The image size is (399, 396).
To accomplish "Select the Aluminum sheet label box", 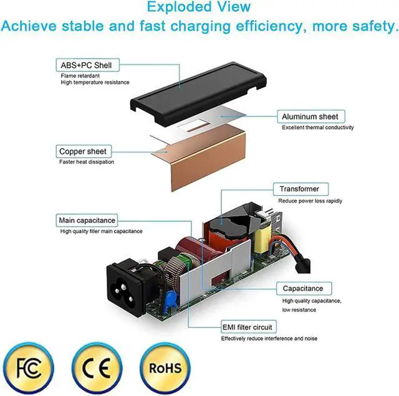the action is pyautogui.click(x=310, y=116).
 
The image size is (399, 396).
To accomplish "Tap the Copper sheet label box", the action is pyautogui.click(x=82, y=151).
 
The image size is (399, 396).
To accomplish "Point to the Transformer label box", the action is pyautogui.click(x=299, y=189).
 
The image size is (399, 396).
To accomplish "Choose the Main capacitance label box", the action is pyautogui.click(x=87, y=220).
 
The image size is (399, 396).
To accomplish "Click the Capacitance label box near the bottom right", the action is pyautogui.click(x=303, y=288).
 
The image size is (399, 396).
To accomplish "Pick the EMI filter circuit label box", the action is pyautogui.click(x=247, y=327).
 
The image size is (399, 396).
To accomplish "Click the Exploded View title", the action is pyautogui.click(x=199, y=8).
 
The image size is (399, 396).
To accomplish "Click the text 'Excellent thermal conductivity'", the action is pyautogui.click(x=317, y=128).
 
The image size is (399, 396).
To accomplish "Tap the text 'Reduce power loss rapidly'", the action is pyautogui.click(x=310, y=201).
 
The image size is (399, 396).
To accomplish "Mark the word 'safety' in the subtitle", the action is pyautogui.click(x=370, y=27).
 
